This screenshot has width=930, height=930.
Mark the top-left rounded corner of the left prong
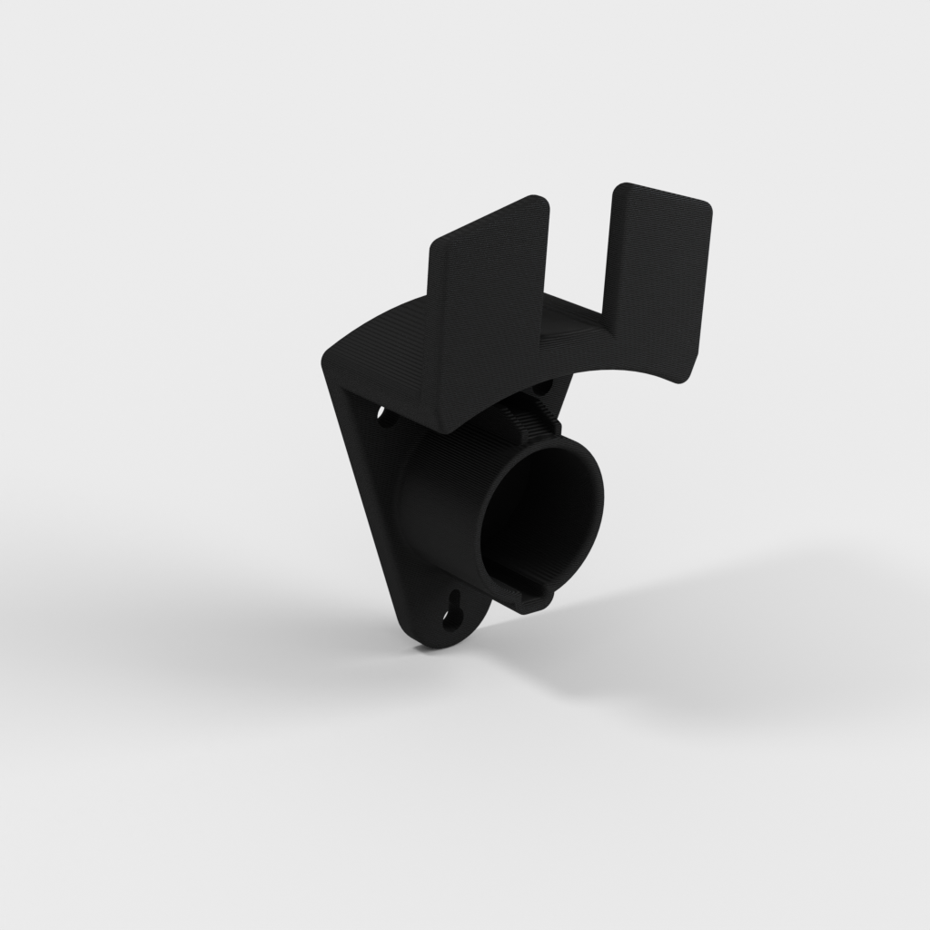[437, 244]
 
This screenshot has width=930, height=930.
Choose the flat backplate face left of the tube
[381, 509]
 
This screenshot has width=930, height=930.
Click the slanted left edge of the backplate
[359, 500]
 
